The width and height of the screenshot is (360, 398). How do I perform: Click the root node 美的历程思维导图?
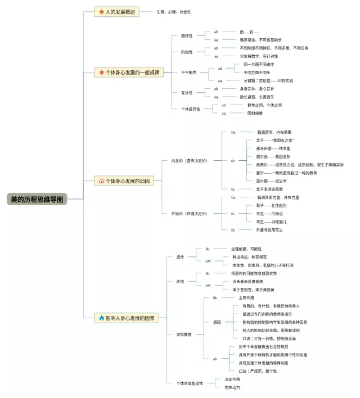click(x=38, y=199)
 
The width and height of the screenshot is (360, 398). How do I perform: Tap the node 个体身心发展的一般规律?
click(x=129, y=73)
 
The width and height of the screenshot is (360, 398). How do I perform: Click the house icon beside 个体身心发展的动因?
click(x=102, y=181)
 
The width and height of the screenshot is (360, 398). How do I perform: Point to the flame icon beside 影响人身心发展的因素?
click(x=102, y=318)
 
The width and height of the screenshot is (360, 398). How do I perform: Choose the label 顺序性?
click(x=186, y=35)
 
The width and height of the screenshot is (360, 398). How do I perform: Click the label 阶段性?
click(x=186, y=52)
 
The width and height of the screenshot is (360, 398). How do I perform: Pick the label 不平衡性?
click(x=188, y=73)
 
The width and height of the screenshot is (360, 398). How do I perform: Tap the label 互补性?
click(x=186, y=93)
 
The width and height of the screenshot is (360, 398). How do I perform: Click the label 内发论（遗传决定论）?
click(x=189, y=161)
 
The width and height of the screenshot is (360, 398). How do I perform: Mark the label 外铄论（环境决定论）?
click(x=189, y=214)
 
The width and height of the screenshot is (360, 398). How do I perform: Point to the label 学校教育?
click(x=184, y=334)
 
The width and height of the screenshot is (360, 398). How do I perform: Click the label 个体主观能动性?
click(x=190, y=383)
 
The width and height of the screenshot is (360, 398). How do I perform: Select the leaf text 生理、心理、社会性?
click(x=173, y=12)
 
